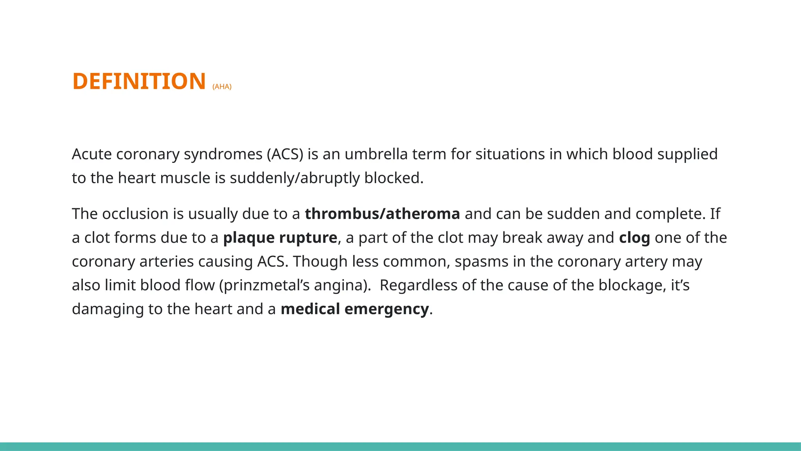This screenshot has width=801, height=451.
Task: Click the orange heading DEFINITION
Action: (139, 81)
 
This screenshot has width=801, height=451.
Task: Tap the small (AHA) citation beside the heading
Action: (222, 87)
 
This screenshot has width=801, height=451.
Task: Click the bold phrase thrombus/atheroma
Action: (382, 214)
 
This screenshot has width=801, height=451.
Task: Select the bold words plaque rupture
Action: (280, 238)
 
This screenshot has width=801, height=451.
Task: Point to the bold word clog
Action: (634, 238)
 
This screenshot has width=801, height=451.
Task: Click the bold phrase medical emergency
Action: (355, 309)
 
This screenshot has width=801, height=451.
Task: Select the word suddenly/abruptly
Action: (295, 178)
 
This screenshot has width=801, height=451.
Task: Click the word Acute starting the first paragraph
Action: (92, 154)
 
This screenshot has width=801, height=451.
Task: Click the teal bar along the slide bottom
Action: (400, 446)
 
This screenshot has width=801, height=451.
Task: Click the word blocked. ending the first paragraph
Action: (393, 178)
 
